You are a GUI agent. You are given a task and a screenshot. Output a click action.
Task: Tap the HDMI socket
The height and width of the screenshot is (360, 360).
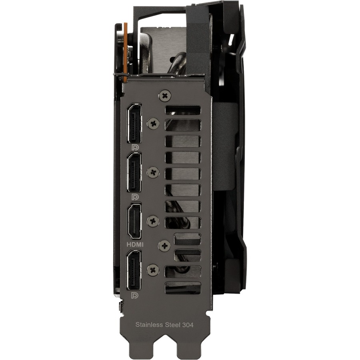(134, 221)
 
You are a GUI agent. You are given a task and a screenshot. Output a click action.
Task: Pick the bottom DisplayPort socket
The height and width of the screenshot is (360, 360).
(134, 270)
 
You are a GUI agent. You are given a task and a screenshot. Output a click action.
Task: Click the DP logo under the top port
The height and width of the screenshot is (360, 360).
(135, 147)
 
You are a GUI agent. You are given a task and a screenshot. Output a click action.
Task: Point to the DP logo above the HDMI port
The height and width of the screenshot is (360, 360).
(135, 196)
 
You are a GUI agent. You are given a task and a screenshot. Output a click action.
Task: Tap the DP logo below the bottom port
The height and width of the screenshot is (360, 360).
(135, 295)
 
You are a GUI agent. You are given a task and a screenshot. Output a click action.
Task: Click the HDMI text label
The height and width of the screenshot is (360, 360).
(135, 245)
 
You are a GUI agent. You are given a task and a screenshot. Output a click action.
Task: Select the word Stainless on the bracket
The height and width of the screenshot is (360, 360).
(149, 325)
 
